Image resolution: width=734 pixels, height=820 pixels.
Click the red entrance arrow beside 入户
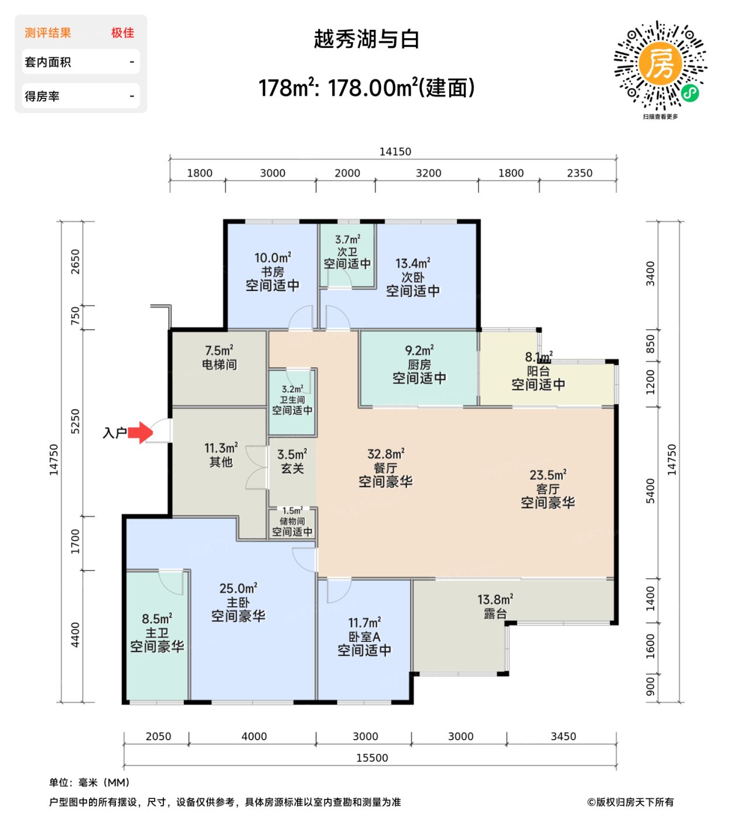(x=141, y=433)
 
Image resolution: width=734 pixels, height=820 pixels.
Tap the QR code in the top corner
(x=660, y=66)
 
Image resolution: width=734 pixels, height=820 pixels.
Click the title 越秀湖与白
(x=367, y=39)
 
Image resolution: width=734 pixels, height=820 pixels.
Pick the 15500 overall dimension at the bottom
(x=372, y=758)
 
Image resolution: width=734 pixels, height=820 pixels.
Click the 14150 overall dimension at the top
(x=395, y=152)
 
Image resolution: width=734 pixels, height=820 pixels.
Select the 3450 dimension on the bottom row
(x=563, y=736)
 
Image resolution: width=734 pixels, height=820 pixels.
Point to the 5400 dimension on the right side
(x=650, y=491)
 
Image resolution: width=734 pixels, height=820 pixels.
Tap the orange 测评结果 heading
(x=48, y=33)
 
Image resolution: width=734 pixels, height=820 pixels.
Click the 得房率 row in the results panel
(x=80, y=96)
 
